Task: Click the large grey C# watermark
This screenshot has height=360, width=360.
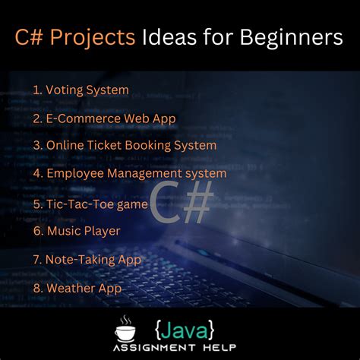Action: coord(181,201)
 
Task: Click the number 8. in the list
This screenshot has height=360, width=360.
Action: coord(38,288)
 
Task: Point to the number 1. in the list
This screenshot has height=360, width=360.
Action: coord(37,90)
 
